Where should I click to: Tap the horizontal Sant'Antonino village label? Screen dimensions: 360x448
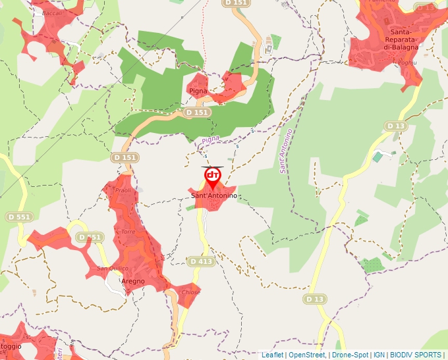point(213,196)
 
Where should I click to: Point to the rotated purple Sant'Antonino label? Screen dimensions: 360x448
point(285,151)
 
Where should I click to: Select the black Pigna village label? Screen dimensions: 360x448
point(198,91)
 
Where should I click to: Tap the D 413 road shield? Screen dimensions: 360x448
point(201,261)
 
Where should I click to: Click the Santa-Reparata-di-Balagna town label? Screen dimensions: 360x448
point(401,39)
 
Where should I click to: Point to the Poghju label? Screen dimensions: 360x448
point(407,63)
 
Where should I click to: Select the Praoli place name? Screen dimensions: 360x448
point(123,190)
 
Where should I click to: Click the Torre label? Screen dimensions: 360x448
point(128,232)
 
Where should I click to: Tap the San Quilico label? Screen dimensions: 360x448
point(112,268)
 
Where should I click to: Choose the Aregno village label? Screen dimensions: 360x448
point(132,281)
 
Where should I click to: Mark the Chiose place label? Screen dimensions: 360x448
point(190,292)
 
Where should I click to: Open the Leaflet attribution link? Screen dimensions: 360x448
point(272,355)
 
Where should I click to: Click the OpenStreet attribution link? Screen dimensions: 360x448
point(306,355)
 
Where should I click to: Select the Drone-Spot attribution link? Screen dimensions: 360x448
point(350,355)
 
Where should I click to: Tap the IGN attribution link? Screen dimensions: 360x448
point(379,355)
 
